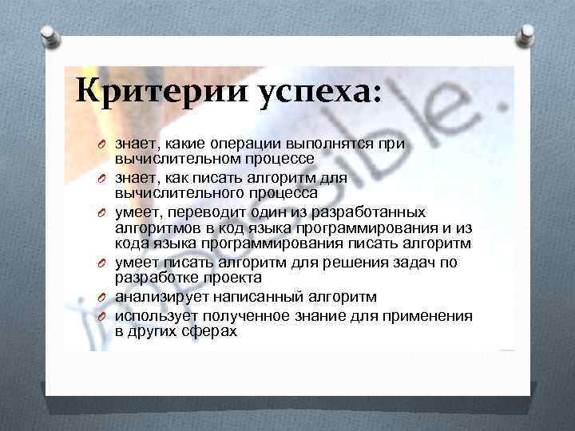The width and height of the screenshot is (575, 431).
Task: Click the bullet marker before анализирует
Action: click(103, 299)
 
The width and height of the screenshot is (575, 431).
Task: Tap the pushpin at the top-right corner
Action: click(528, 31)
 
